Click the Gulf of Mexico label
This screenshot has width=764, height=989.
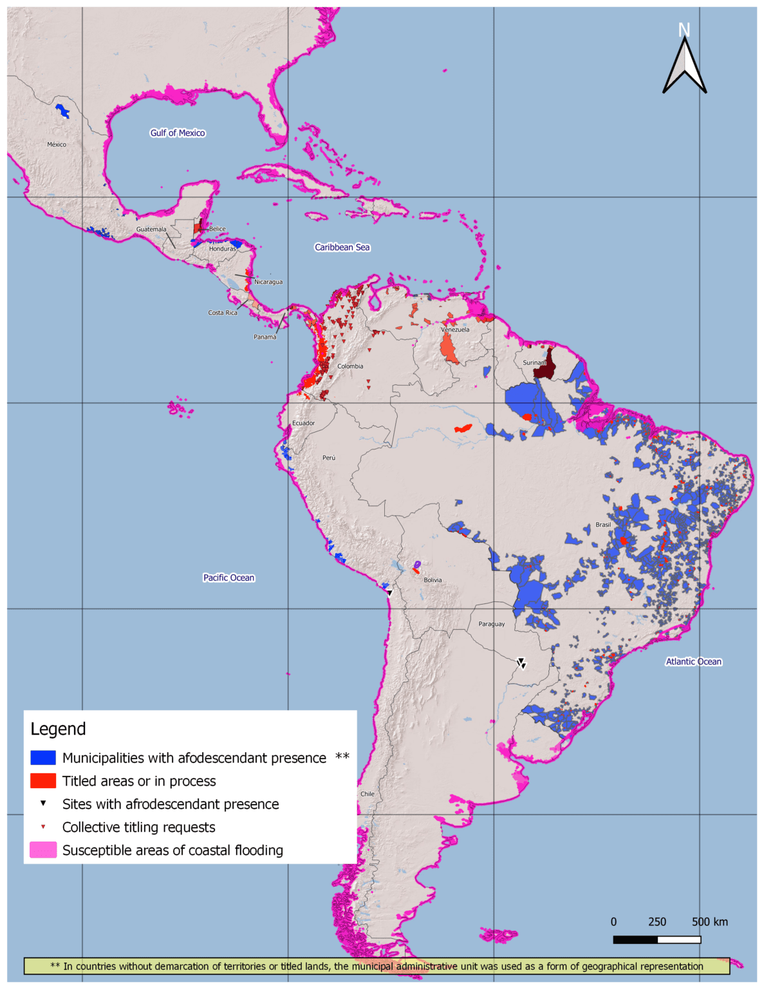(177, 133)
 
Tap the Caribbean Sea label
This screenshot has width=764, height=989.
(342, 247)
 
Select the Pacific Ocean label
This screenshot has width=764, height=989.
(228, 578)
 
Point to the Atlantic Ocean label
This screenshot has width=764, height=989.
(693, 661)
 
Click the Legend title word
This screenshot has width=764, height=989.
(58, 729)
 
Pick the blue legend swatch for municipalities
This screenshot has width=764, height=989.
(43, 757)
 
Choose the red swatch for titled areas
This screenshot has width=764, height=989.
(43, 780)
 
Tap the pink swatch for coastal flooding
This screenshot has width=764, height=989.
(43, 850)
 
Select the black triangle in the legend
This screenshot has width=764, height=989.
(43, 804)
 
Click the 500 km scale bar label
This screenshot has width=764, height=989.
(709, 921)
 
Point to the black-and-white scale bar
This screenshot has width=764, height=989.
(657, 939)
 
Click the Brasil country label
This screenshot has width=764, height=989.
(603, 525)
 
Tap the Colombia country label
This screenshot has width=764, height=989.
(350, 366)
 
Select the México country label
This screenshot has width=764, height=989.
(57, 144)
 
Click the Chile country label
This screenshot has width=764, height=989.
(368, 794)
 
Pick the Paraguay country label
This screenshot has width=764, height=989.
(492, 624)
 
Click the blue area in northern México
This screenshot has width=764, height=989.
(62, 111)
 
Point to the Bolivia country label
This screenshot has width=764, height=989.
(433, 580)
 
